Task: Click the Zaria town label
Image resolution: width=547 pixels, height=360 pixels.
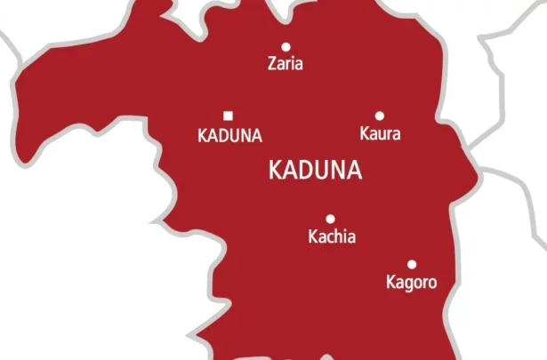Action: pyautogui.click(x=286, y=64)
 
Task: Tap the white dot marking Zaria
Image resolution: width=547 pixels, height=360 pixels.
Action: pyautogui.click(x=286, y=47)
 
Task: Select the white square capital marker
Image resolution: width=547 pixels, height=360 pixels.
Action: pyautogui.click(x=228, y=115)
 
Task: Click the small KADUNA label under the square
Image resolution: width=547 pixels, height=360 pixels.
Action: pyautogui.click(x=229, y=136)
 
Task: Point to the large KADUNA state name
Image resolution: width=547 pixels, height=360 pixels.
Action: pyautogui.click(x=315, y=171)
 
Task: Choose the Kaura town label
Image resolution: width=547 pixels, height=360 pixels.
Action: pyautogui.click(x=380, y=135)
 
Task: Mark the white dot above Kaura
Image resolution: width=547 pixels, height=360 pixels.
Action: pyautogui.click(x=380, y=116)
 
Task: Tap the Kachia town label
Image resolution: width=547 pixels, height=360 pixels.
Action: pyautogui.click(x=331, y=237)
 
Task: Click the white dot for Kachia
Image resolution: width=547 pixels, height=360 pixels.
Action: pyautogui.click(x=330, y=219)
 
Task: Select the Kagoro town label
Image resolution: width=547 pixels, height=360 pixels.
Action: pyautogui.click(x=412, y=284)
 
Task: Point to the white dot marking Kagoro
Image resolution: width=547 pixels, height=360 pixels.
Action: pyautogui.click(x=412, y=264)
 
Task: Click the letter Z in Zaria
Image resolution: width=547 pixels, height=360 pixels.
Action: pyautogui.click(x=272, y=64)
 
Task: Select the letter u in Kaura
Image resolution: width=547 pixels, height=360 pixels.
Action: pyautogui.click(x=382, y=136)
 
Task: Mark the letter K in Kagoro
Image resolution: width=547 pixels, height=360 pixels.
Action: pyautogui.click(x=390, y=284)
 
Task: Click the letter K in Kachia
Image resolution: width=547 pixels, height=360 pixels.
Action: pyautogui.click(x=311, y=237)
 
